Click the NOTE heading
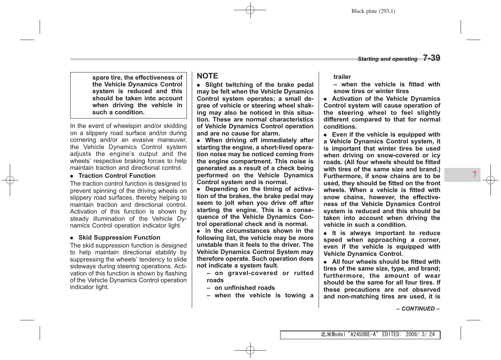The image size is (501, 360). tap(207, 76)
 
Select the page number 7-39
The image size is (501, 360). tap(431, 58)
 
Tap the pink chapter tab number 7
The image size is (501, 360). tap(474, 174)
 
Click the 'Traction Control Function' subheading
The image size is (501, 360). tap(117, 175)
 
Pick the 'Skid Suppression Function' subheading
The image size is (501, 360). tap(119, 237)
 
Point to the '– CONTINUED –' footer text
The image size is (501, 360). tap(418, 309)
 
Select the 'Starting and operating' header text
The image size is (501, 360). tap(387, 59)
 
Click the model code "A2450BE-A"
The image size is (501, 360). tap(362, 334)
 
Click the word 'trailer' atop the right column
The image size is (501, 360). tap(342, 77)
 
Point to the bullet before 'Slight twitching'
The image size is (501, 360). tap(199, 85)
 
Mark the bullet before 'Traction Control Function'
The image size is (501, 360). tap(72, 176)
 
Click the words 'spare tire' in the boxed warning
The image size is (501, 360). tap(107, 77)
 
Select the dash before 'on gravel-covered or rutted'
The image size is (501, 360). tap(208, 273)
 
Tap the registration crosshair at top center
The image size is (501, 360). tap(250, 10)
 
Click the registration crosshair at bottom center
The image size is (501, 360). tap(250, 350)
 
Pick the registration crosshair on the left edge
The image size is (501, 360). tap(10, 180)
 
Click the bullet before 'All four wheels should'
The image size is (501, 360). tap(325, 262)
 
